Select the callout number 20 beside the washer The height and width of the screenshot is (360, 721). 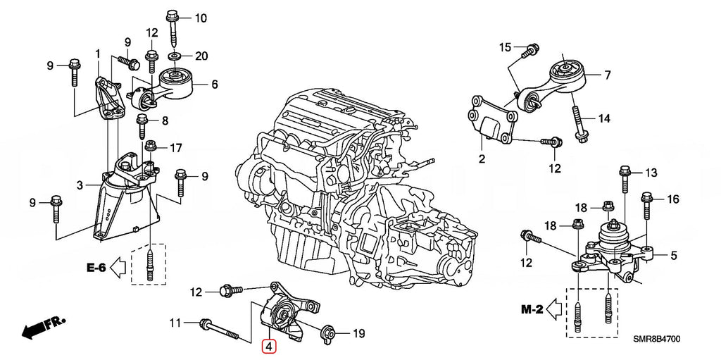[201, 56]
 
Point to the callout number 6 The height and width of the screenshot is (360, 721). [214, 84]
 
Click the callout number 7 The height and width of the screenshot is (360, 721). [607, 75]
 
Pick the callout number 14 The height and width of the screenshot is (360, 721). [604, 119]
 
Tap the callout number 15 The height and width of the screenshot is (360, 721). [505, 47]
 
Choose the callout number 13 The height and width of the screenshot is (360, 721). [650, 173]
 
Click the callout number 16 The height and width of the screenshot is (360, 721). [672, 199]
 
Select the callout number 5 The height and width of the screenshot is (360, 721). [673, 256]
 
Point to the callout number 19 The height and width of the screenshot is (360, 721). [358, 333]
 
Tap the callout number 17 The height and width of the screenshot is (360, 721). [175, 148]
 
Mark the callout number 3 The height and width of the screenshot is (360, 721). [80, 185]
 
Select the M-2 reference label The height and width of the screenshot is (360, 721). [532, 308]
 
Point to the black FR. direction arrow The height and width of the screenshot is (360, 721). [41, 327]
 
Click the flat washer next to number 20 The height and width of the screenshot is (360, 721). [173, 55]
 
